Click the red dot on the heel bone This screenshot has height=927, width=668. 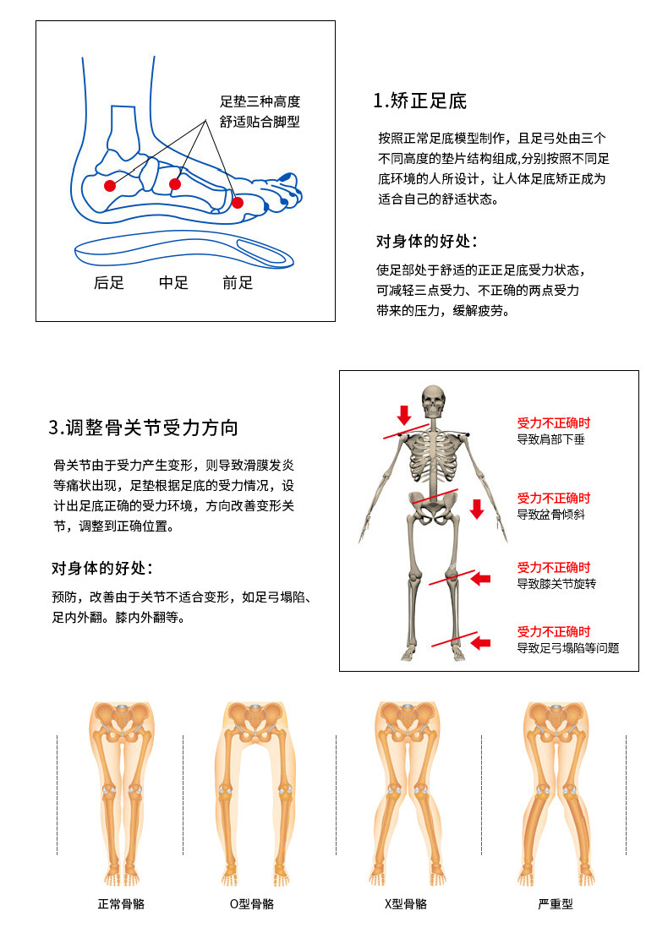tap(109, 186)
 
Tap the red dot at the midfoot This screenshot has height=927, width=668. tap(174, 184)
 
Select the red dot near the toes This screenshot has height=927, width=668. tap(238, 202)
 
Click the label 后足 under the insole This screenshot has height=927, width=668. tap(109, 282)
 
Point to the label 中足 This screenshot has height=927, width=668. tap(173, 282)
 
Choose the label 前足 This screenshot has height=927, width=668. tap(238, 282)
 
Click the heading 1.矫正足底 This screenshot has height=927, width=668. tap(419, 101)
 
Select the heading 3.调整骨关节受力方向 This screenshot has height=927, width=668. tap(143, 427)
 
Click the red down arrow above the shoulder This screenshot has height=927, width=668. tap(404, 415)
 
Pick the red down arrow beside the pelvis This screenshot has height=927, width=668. tap(477, 509)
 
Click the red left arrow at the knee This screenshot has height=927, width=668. tap(481, 578)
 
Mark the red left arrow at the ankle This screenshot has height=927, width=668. tap(481, 642)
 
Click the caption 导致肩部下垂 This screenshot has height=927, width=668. tap(550, 439)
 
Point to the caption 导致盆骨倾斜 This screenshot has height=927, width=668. tap(550, 515)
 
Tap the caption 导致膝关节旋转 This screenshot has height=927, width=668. tap(556, 584)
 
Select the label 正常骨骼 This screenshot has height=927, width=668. tap(121, 903)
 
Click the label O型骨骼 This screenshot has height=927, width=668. tap(252, 903)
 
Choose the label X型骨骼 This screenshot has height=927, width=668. tap(406, 903)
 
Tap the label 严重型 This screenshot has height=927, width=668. tap(556, 903)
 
